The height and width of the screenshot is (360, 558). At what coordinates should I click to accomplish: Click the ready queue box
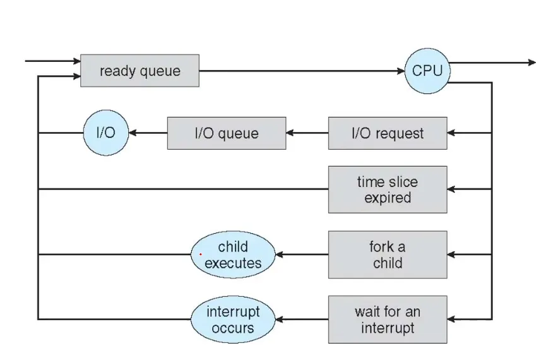click(x=139, y=71)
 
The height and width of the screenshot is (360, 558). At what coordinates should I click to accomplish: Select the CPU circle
click(x=427, y=71)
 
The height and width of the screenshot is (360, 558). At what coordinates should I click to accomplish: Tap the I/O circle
click(x=105, y=133)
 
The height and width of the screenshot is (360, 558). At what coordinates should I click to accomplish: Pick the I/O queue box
click(x=226, y=133)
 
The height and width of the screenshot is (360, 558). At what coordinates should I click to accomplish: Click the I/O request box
click(x=387, y=133)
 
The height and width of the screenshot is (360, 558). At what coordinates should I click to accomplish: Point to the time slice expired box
click(x=387, y=189)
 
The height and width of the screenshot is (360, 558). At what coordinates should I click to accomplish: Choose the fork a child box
click(x=387, y=255)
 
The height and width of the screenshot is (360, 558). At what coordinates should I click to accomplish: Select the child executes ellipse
click(x=233, y=255)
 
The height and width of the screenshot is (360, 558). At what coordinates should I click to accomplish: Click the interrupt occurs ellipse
click(x=233, y=320)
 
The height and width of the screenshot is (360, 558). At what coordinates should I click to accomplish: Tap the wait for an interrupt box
click(x=387, y=320)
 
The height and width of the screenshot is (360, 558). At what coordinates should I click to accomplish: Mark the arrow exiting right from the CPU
click(x=492, y=63)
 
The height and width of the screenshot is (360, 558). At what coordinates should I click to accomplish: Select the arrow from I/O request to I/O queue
click(x=307, y=133)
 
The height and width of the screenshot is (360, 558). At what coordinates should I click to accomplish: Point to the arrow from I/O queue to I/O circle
click(x=148, y=133)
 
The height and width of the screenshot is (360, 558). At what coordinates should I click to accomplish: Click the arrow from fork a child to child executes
click(x=302, y=255)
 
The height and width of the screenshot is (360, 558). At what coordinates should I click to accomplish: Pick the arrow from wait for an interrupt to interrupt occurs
click(x=302, y=320)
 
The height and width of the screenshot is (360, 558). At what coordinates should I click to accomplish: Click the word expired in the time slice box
click(x=387, y=198)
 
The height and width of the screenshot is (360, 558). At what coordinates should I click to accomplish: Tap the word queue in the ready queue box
click(x=160, y=71)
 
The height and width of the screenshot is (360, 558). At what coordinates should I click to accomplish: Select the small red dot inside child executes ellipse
click(x=201, y=254)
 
